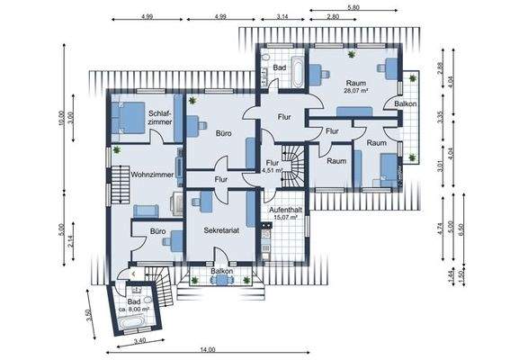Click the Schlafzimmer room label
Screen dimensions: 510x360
(x=160, y=118)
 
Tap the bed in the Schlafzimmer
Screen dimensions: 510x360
(x=128, y=118)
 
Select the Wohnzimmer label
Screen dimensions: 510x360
(x=152, y=175)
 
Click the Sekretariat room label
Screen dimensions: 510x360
(x=221, y=230)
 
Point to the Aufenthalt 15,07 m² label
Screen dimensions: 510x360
(x=285, y=213)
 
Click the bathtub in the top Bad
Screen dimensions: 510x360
(x=298, y=72)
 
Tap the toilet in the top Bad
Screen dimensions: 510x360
(x=265, y=58)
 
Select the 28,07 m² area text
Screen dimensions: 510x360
(x=356, y=91)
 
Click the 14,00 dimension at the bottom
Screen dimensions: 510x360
(x=208, y=350)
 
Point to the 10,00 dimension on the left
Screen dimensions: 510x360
(x=61, y=119)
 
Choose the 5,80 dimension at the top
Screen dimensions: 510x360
(x=353, y=7)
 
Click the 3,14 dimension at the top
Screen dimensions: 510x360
(x=282, y=17)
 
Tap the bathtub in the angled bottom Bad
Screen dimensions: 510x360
(x=131, y=322)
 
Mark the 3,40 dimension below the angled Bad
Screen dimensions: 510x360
(x=139, y=341)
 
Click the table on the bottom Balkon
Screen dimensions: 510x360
(x=222, y=280)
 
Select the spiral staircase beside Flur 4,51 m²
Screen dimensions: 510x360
(x=292, y=166)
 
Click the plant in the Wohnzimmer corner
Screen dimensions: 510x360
(x=117, y=149)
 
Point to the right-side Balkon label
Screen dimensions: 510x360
(x=406, y=103)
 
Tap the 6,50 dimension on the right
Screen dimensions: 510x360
(x=461, y=229)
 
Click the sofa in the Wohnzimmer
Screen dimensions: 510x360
(x=146, y=211)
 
